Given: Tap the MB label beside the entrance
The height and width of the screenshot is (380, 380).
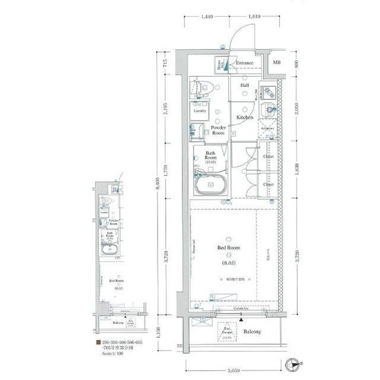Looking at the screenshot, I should tap(277, 62).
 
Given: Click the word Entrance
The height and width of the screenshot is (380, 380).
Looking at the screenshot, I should tap(243, 63).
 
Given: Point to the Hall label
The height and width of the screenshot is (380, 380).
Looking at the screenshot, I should tap(245, 85).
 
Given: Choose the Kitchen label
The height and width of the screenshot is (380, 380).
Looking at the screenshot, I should tap(245, 117).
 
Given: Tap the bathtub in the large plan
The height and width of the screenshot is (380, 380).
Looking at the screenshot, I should tap(211, 185).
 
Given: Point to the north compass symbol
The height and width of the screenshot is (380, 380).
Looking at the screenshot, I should tap(292, 365).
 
